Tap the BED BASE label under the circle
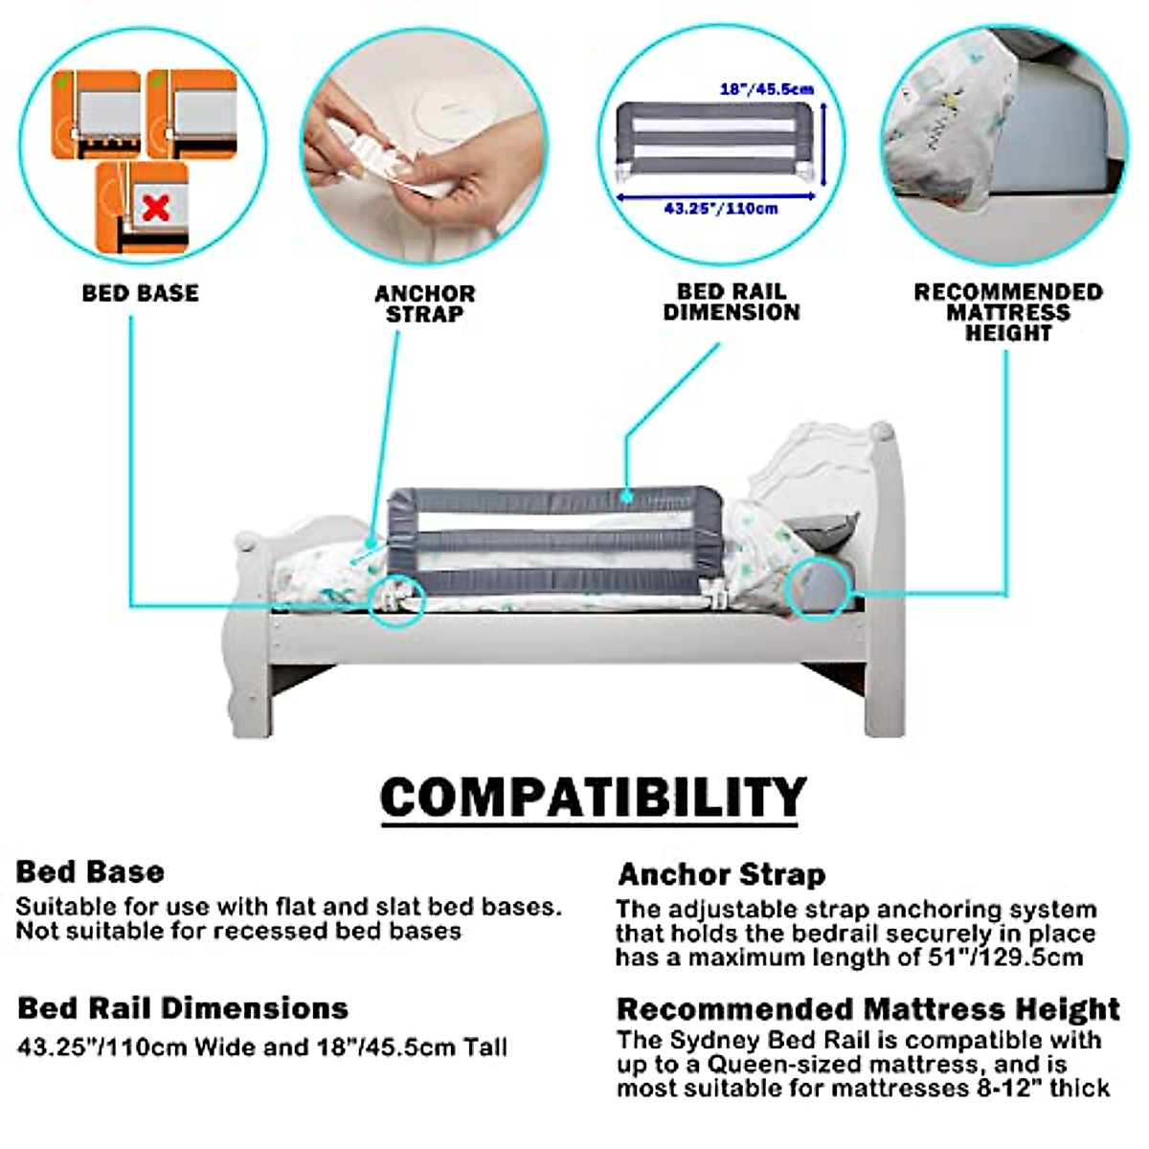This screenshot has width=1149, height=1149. (x=141, y=293)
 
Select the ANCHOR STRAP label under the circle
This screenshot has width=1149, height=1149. (x=424, y=304)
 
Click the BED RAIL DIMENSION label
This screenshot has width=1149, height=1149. (x=732, y=302)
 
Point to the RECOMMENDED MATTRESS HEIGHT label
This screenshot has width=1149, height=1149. (x=1008, y=312)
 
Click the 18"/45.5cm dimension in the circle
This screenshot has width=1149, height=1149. (x=766, y=89)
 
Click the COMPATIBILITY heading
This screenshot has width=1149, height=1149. (x=593, y=798)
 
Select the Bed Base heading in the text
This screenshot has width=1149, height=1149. (x=90, y=871)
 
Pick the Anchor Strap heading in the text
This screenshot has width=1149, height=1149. (x=721, y=874)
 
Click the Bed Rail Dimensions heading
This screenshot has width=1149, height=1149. (x=183, y=1008)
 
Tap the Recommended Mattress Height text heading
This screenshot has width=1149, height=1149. (x=867, y=1009)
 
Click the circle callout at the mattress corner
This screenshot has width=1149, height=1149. (x=820, y=587)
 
